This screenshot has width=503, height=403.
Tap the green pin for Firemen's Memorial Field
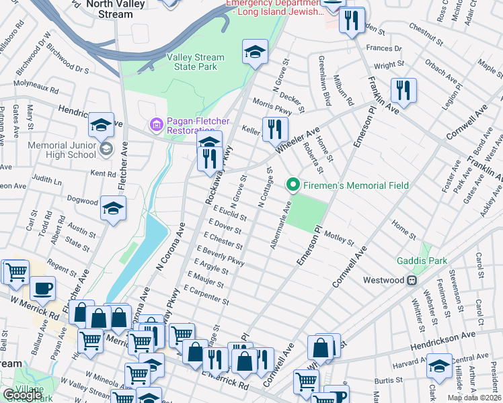293,184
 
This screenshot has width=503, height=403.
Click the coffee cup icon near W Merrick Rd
43,289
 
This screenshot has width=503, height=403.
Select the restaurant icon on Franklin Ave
403,90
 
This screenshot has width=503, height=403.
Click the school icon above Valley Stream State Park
255,52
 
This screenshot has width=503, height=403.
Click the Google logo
22,395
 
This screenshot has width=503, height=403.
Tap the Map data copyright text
473,398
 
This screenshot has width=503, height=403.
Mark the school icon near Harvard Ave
439,366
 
